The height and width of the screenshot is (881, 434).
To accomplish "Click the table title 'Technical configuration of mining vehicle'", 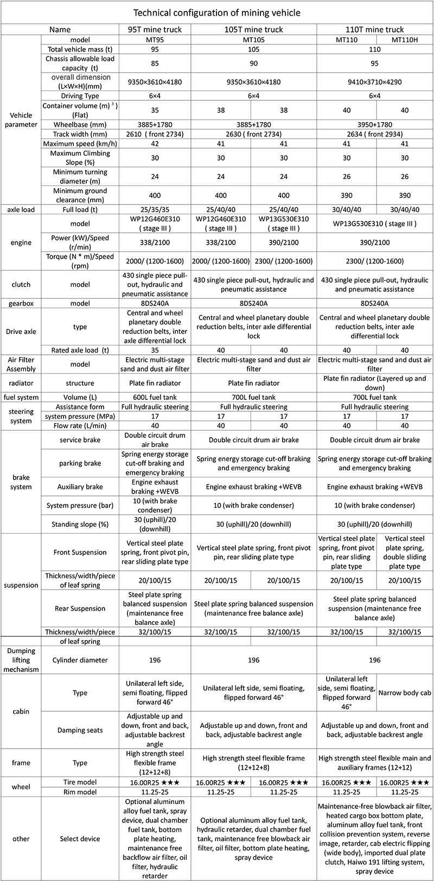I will (217, 12).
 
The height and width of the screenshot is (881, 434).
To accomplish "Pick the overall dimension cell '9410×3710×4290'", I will (374, 82).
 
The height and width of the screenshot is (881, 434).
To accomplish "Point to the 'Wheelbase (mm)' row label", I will (80, 124).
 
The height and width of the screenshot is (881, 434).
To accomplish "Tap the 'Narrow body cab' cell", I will (404, 692).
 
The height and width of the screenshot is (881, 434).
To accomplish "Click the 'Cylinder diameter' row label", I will (80, 660).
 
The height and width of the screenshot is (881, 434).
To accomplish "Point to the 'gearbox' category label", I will (21, 303).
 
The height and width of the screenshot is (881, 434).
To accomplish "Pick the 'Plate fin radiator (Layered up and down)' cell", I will (374, 383).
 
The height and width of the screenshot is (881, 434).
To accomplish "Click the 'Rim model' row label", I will (80, 792).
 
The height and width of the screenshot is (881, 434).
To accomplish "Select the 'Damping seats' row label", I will (80, 730).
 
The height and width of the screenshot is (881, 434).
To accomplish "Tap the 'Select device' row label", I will (80, 839).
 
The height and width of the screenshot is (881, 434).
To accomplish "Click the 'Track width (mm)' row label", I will (80, 134).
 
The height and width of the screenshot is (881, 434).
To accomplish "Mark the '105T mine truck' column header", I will (253, 29).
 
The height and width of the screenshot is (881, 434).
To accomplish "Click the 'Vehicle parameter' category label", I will (21, 119).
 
